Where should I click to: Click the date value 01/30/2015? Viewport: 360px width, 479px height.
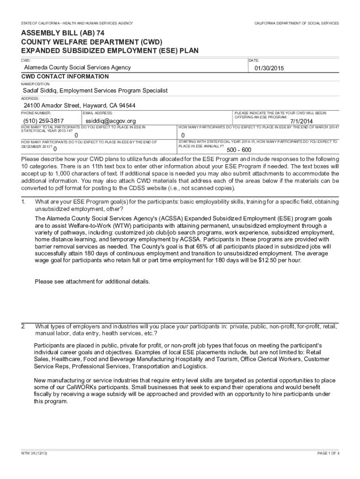pyautogui.click(x=269, y=69)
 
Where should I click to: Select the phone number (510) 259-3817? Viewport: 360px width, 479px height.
pyautogui.click(x=43, y=121)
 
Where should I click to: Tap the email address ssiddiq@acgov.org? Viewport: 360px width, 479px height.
pyautogui.click(x=111, y=121)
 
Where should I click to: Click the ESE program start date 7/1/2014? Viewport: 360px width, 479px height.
pyautogui.click(x=302, y=121)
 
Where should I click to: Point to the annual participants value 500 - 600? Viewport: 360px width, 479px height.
pyautogui.click(x=239, y=150)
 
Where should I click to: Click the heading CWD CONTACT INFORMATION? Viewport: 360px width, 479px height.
pyautogui.click(x=65, y=77)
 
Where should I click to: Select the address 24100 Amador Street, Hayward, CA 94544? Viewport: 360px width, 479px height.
pyautogui.click(x=79, y=105)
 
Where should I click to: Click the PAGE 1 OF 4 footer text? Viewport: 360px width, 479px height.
pyautogui.click(x=328, y=454)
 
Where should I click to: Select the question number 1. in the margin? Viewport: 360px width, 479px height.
pyautogui.click(x=23, y=202)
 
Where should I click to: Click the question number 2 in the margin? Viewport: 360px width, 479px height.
pyautogui.click(x=23, y=326)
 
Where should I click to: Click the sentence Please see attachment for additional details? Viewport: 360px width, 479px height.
pyautogui.click(x=93, y=282)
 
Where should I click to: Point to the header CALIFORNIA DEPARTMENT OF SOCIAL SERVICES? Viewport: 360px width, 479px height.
pyautogui.click(x=296, y=23)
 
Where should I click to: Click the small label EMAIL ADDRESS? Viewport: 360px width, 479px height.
pyautogui.click(x=98, y=113)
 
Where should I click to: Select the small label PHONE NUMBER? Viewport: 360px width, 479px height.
pyautogui.click(x=36, y=113)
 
